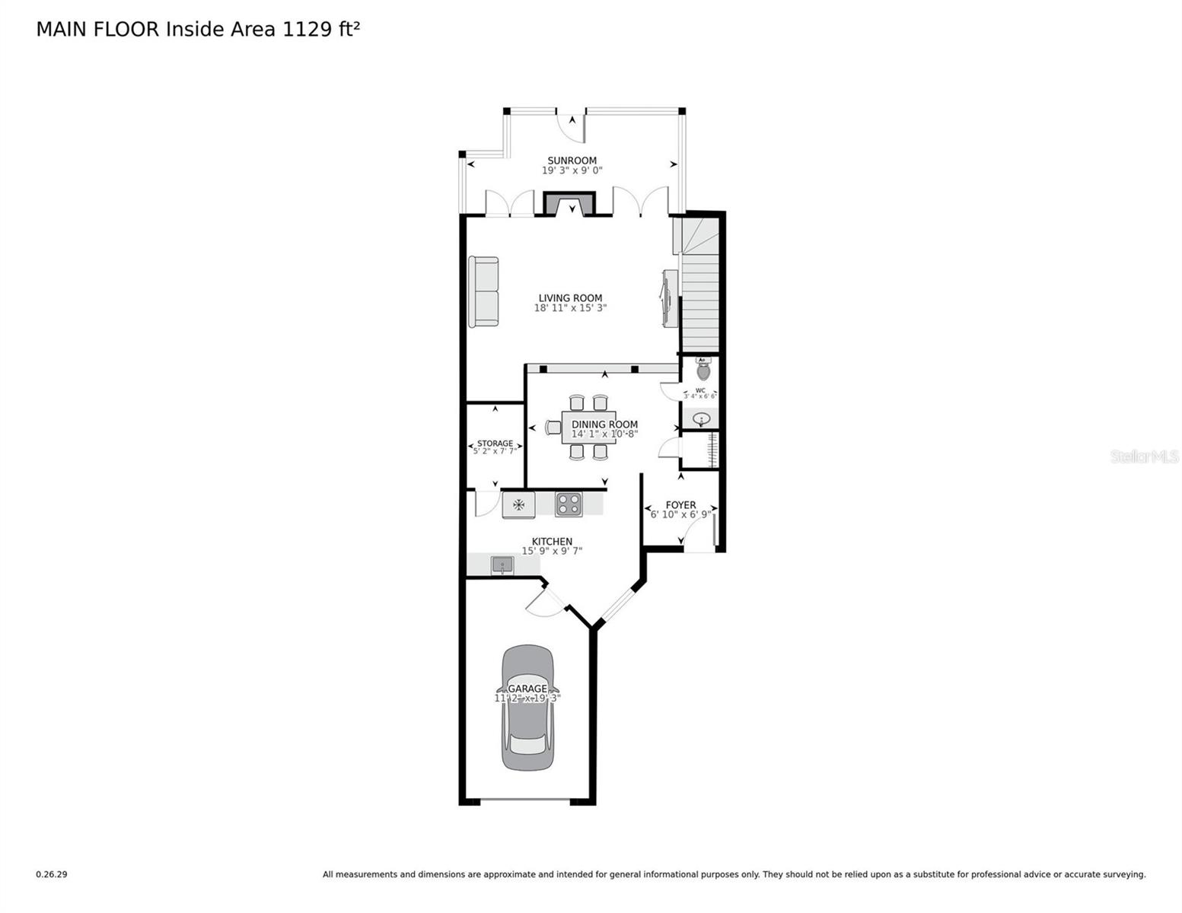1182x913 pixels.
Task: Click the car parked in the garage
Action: pos(527,708)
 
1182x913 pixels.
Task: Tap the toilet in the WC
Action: pos(703,371)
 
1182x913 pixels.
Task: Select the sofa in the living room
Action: pos(483,292)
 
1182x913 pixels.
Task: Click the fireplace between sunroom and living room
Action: pos(569,204)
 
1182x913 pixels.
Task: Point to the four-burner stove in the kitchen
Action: pos(569,504)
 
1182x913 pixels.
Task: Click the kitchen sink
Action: pos(502,565)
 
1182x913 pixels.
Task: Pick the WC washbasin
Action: pos(701,418)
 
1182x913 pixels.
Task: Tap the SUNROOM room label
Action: pos(572,161)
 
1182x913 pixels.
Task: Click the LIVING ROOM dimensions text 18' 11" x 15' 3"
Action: pos(570,308)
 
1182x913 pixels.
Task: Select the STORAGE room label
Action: pos(495,444)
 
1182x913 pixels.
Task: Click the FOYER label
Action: pos(680,504)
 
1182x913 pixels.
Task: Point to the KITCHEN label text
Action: pos(552,542)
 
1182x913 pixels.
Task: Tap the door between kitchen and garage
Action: pos(542,601)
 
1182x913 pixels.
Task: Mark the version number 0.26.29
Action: pos(52,874)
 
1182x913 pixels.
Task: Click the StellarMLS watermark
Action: pos(1143,456)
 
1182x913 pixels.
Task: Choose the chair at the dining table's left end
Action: pos(553,428)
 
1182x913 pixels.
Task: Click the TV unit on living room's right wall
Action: pos(669,298)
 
